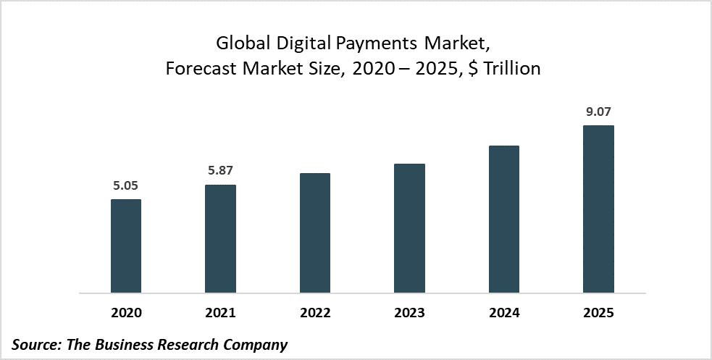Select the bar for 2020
126,246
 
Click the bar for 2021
220,239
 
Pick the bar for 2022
315,233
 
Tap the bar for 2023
409,228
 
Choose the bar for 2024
504,219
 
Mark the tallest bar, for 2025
598,209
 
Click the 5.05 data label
126,185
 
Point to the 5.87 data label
220,171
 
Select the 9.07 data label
598,112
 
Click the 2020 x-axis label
126,314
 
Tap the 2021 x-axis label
220,314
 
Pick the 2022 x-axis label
315,314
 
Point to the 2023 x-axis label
409,314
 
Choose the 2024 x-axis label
504,314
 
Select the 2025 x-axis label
598,314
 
